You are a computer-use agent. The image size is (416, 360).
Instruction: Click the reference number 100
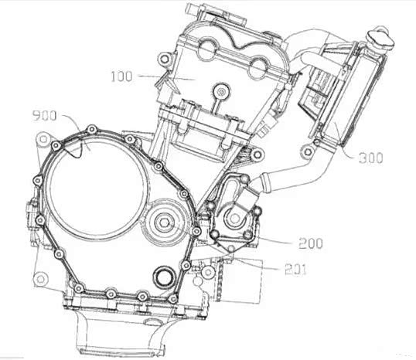121,76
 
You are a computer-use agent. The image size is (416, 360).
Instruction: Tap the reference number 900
44,116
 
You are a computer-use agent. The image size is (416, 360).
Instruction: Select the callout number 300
370,158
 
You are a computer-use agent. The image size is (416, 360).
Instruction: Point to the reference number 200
311,243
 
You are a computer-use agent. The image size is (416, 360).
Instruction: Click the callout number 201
295,270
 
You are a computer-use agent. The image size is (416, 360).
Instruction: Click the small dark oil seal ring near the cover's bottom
165,277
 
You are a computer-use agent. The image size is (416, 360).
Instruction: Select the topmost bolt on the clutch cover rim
92,130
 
